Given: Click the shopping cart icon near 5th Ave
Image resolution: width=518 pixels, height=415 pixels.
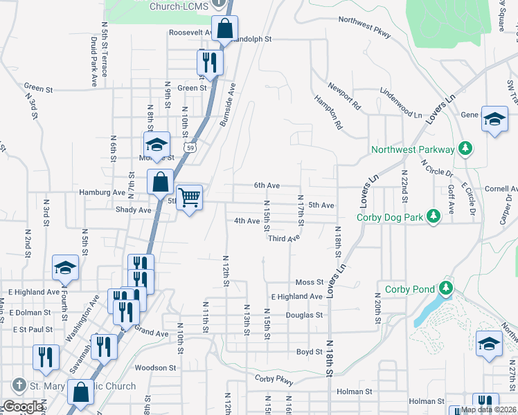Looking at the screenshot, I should (x=189, y=197).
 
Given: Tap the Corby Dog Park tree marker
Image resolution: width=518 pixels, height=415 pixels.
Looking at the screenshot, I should (x=434, y=216).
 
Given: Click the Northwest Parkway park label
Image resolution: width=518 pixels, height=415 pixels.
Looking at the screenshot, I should (x=413, y=149).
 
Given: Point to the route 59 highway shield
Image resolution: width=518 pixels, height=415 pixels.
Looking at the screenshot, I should (x=190, y=147).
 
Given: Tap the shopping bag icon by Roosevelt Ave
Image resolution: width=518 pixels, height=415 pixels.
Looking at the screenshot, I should (x=225, y=29).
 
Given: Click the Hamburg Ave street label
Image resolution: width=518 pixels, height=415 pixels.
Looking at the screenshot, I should (x=102, y=192).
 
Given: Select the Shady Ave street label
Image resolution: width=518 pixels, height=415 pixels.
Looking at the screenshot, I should (x=134, y=210).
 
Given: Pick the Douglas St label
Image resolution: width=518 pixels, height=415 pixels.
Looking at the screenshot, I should (x=304, y=315).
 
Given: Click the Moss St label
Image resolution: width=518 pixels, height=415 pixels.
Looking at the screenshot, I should (x=309, y=282).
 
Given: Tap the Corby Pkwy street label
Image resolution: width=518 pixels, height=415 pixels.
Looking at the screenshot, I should (x=274, y=378).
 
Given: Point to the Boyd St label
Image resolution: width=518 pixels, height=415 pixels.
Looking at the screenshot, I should (x=310, y=352).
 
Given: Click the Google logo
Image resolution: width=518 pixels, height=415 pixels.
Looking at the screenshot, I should (x=23, y=407).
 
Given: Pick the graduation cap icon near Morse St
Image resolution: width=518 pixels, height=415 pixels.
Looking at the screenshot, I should (x=157, y=144).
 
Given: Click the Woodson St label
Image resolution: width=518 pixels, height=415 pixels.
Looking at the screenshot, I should (x=152, y=367).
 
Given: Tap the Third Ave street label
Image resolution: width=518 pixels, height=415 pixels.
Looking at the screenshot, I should (x=285, y=238).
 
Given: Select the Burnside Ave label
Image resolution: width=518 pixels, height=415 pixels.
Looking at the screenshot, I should (x=228, y=104).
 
